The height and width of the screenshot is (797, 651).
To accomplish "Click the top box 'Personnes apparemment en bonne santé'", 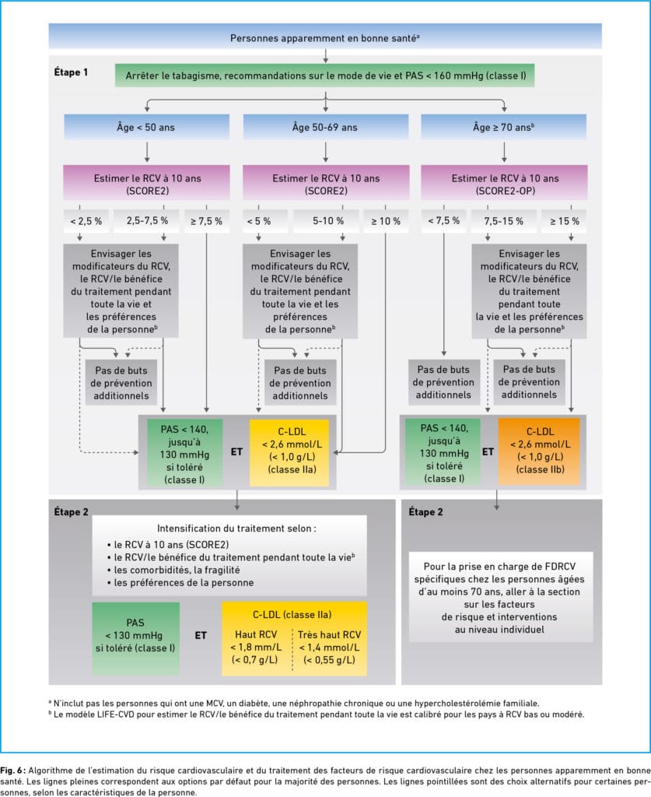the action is (x=325, y=37).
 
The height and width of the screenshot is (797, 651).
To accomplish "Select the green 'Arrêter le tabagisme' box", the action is (x=325, y=75).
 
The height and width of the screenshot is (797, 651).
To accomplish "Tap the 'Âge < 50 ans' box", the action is (x=146, y=127).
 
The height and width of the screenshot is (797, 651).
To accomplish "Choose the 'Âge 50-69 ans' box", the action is (x=325, y=127).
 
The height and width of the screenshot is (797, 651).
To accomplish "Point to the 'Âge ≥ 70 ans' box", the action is (x=504, y=127).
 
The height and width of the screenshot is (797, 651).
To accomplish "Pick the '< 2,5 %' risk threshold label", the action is (x=86, y=221).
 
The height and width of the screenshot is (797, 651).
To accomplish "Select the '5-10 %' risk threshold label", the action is (x=328, y=221).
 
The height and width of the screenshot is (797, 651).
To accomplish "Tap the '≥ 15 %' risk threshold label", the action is (x=564, y=221).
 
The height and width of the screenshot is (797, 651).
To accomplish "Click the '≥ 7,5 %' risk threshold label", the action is (x=206, y=221).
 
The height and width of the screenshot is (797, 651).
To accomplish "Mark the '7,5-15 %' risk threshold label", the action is (x=503, y=221).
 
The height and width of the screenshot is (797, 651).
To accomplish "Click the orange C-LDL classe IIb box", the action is (x=539, y=451).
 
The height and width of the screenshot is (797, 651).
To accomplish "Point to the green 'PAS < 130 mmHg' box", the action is (x=135, y=638).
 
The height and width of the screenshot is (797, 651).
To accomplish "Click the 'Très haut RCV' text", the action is (x=329, y=635).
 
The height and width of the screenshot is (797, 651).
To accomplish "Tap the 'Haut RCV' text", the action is (x=256, y=635).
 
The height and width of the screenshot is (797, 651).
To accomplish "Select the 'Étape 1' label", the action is (x=71, y=72).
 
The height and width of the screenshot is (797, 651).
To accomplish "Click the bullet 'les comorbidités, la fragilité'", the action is (x=173, y=570).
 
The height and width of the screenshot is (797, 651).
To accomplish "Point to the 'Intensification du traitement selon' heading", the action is (x=236, y=528).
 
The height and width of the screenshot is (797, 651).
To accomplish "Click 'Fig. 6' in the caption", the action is (x=12, y=771).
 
